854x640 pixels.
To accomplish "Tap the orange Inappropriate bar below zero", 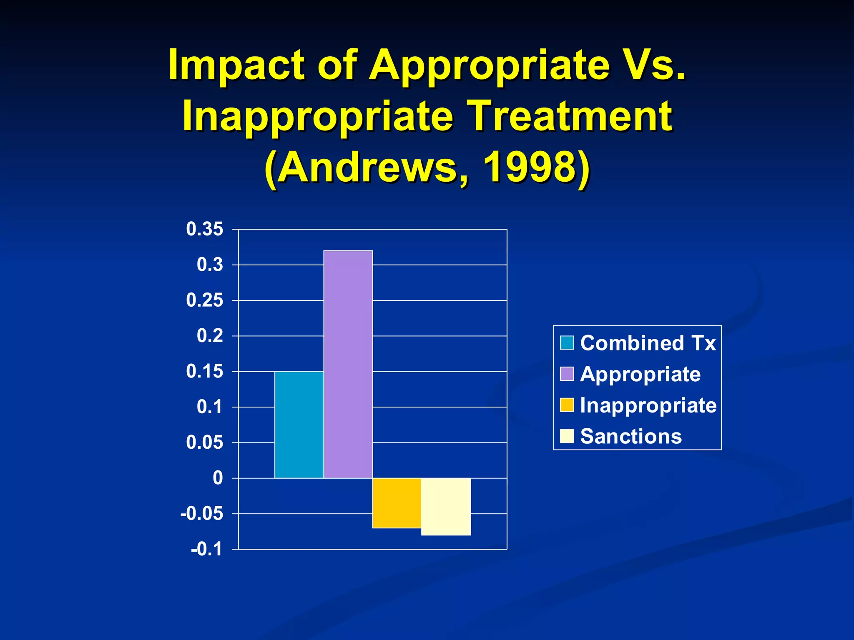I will coord(397,502).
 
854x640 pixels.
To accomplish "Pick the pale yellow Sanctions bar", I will coord(446,506).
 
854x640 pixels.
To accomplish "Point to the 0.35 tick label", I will coord(204,229).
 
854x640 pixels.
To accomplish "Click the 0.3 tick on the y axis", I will coord(210,265).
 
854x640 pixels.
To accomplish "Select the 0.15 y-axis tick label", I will coord(204,371).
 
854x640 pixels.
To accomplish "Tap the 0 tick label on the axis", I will coord(218,478).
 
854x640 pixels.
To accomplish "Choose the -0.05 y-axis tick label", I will coord(201,514).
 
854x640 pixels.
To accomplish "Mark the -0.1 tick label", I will coord(206,549).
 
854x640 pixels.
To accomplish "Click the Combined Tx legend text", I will coord(648,343).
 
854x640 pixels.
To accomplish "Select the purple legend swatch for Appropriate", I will coord(567,374).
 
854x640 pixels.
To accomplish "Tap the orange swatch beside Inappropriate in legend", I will coord(567,405).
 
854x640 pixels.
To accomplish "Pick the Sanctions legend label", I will coord(630,436).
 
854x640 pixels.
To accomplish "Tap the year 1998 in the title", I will coord(529,167).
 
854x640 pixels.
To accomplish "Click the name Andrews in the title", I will coord(367,167).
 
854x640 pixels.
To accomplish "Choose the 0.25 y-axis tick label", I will coord(204,300).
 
